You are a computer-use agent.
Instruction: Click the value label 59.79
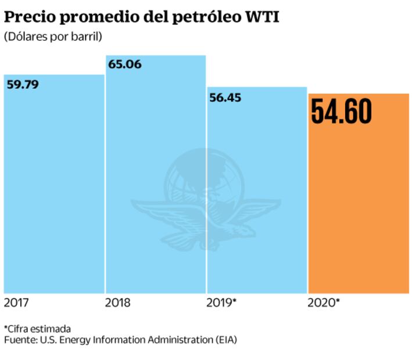tap(23, 85)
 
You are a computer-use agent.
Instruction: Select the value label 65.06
tap(124, 64)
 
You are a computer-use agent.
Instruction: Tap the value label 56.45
tap(225, 97)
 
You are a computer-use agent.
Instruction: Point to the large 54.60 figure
tap(341, 111)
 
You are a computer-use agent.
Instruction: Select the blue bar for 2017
tap(53, 192)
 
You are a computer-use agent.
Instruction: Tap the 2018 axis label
tap(117, 303)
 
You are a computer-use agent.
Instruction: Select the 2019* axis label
tap(221, 303)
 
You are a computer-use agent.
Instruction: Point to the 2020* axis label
tap(324, 303)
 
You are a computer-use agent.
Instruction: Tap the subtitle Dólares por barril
tap(53, 37)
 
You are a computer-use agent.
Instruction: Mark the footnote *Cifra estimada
tap(37, 328)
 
